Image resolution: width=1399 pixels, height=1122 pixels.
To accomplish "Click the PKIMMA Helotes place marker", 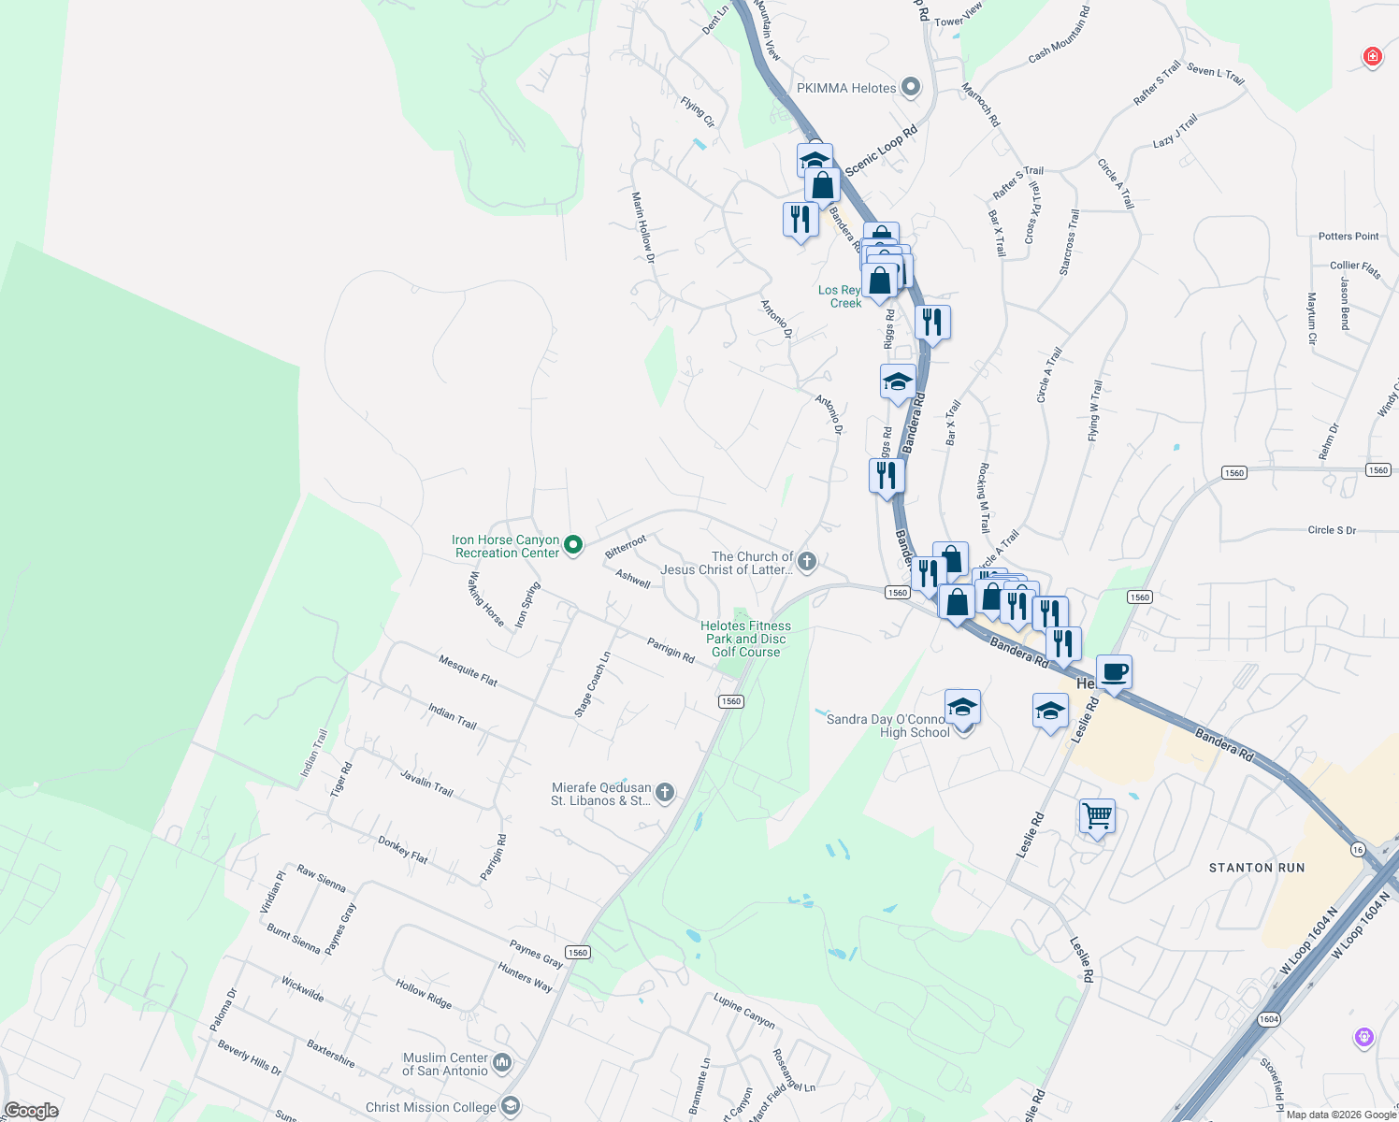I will [x=910, y=88].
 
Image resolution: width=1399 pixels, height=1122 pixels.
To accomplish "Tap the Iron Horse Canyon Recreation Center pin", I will [x=574, y=544].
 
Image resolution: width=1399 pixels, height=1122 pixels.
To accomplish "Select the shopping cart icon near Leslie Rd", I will [x=1097, y=815].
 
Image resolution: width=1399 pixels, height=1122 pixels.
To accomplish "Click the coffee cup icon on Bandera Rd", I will [x=1114, y=672].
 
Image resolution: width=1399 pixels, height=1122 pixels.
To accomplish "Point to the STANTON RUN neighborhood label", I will [x=1256, y=868].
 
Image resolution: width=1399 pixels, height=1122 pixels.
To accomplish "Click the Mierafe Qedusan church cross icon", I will [x=664, y=794].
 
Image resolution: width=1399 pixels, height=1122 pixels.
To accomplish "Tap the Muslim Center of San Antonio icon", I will [x=502, y=1062].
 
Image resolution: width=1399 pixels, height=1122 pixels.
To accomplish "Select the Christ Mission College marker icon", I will [x=511, y=1107].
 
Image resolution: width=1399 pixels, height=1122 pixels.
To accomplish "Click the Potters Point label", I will [x=1349, y=237].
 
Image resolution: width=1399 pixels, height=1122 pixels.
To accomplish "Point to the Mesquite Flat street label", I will [x=468, y=670].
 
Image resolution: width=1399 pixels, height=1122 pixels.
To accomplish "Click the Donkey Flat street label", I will [x=403, y=850].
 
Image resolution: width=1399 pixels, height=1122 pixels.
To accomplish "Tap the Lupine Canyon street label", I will [x=744, y=1011].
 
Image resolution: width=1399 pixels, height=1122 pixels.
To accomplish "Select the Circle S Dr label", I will [x=1332, y=530].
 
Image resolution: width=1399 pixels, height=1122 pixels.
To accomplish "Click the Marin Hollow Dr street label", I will [x=643, y=227].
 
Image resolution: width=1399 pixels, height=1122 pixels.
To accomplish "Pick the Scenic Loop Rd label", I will [x=881, y=151].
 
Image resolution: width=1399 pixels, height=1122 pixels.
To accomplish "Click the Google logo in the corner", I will [x=32, y=1111].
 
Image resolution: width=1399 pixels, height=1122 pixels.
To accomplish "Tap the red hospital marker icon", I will [x=1372, y=57].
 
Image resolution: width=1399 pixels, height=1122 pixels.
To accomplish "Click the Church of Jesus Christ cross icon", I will [x=807, y=562].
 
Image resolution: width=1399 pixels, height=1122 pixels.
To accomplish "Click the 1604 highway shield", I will [x=1268, y=1019].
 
